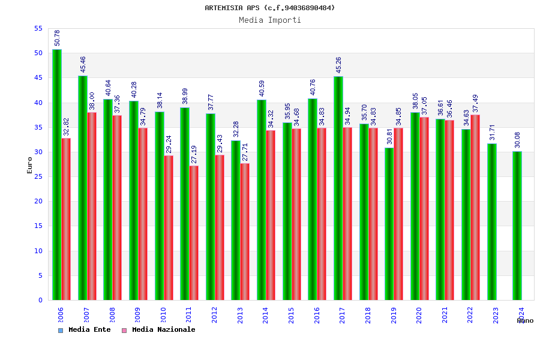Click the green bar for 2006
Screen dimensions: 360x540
(x=56, y=174)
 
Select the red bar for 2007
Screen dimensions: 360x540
(x=92, y=206)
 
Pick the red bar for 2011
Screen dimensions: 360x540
(x=194, y=233)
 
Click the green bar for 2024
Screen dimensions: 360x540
(x=517, y=226)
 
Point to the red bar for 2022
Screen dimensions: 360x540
(x=475, y=207)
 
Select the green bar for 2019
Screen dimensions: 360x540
(x=389, y=224)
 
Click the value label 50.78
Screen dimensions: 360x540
(x=57, y=38)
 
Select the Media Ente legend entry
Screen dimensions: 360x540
(x=85, y=330)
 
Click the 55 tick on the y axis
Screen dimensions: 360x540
(x=38, y=29)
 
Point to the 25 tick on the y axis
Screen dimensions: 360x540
(x=38, y=177)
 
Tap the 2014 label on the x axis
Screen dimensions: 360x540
(x=266, y=316)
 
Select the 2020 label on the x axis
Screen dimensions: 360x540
(x=419, y=316)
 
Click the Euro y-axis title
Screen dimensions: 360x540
(x=30, y=165)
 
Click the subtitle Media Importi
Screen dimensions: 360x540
(x=270, y=20)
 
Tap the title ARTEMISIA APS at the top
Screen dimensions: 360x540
(x=270, y=8)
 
